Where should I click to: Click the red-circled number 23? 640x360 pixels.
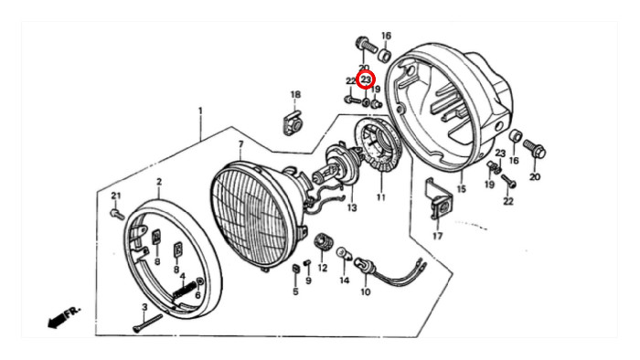click(366, 79)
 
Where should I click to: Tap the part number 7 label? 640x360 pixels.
click(240, 144)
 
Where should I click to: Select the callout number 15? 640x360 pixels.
click(461, 189)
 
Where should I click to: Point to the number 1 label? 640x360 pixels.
click(200, 111)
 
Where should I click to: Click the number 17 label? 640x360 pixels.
click(438, 236)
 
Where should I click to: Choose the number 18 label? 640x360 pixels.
click(295, 95)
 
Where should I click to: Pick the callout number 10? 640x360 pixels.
click(366, 291)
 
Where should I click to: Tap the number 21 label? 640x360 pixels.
click(116, 196)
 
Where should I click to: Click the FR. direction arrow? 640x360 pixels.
click(64, 316)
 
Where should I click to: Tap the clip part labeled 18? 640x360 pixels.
click(293, 122)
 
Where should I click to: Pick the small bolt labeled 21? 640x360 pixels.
click(117, 215)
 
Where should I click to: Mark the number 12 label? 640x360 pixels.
click(323, 269)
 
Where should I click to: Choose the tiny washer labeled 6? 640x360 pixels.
click(200, 281)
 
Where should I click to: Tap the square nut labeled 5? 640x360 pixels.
click(296, 270)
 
